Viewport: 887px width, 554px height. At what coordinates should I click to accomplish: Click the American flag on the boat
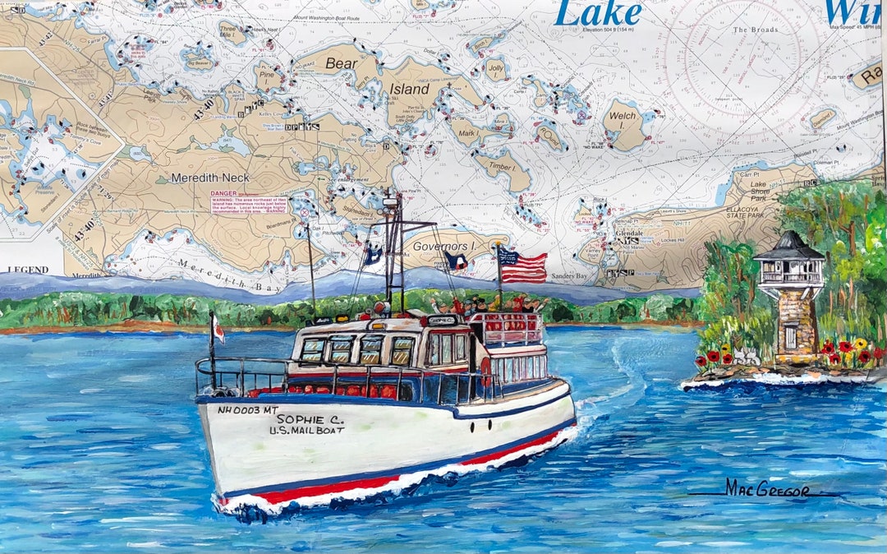(523, 267)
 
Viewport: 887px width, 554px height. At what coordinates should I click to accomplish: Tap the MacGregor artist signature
(766, 488)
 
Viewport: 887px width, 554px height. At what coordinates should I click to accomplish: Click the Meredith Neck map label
(210, 178)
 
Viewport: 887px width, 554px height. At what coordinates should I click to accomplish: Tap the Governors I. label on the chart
(444, 247)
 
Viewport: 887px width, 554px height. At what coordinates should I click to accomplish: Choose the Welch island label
(623, 116)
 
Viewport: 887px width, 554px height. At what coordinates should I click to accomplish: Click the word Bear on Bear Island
(342, 63)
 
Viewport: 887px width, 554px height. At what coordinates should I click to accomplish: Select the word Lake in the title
(599, 14)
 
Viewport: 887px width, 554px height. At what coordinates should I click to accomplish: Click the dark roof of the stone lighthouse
(788, 247)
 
